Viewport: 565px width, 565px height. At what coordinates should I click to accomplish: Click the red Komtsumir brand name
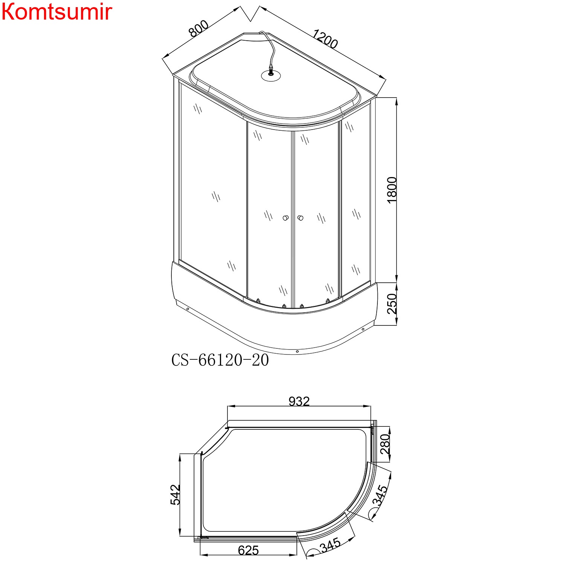tap(57, 12)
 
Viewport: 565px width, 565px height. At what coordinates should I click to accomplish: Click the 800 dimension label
tap(199, 29)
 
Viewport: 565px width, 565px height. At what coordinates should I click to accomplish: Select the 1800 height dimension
tap(392, 190)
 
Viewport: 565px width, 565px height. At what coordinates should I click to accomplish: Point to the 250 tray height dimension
tap(392, 304)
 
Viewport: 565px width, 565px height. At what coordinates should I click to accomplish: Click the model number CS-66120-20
tap(220, 360)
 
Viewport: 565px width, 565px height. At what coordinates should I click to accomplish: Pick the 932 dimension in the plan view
tap(299, 402)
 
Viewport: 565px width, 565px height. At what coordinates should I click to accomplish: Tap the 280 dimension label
tap(385, 444)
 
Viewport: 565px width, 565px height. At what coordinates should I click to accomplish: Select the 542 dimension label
tap(176, 495)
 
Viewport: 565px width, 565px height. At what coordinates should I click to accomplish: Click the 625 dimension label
tap(249, 550)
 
